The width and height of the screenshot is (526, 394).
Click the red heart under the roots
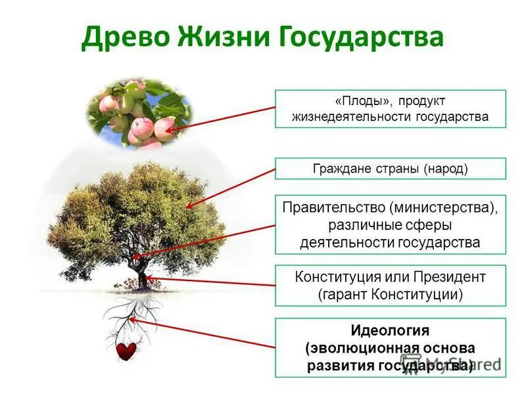point(126,351)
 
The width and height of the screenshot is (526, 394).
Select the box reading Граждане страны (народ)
point(391,169)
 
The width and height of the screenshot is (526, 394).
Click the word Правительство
point(333,208)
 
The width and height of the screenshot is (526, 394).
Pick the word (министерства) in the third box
point(443,208)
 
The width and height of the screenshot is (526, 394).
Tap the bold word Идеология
point(390,330)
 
